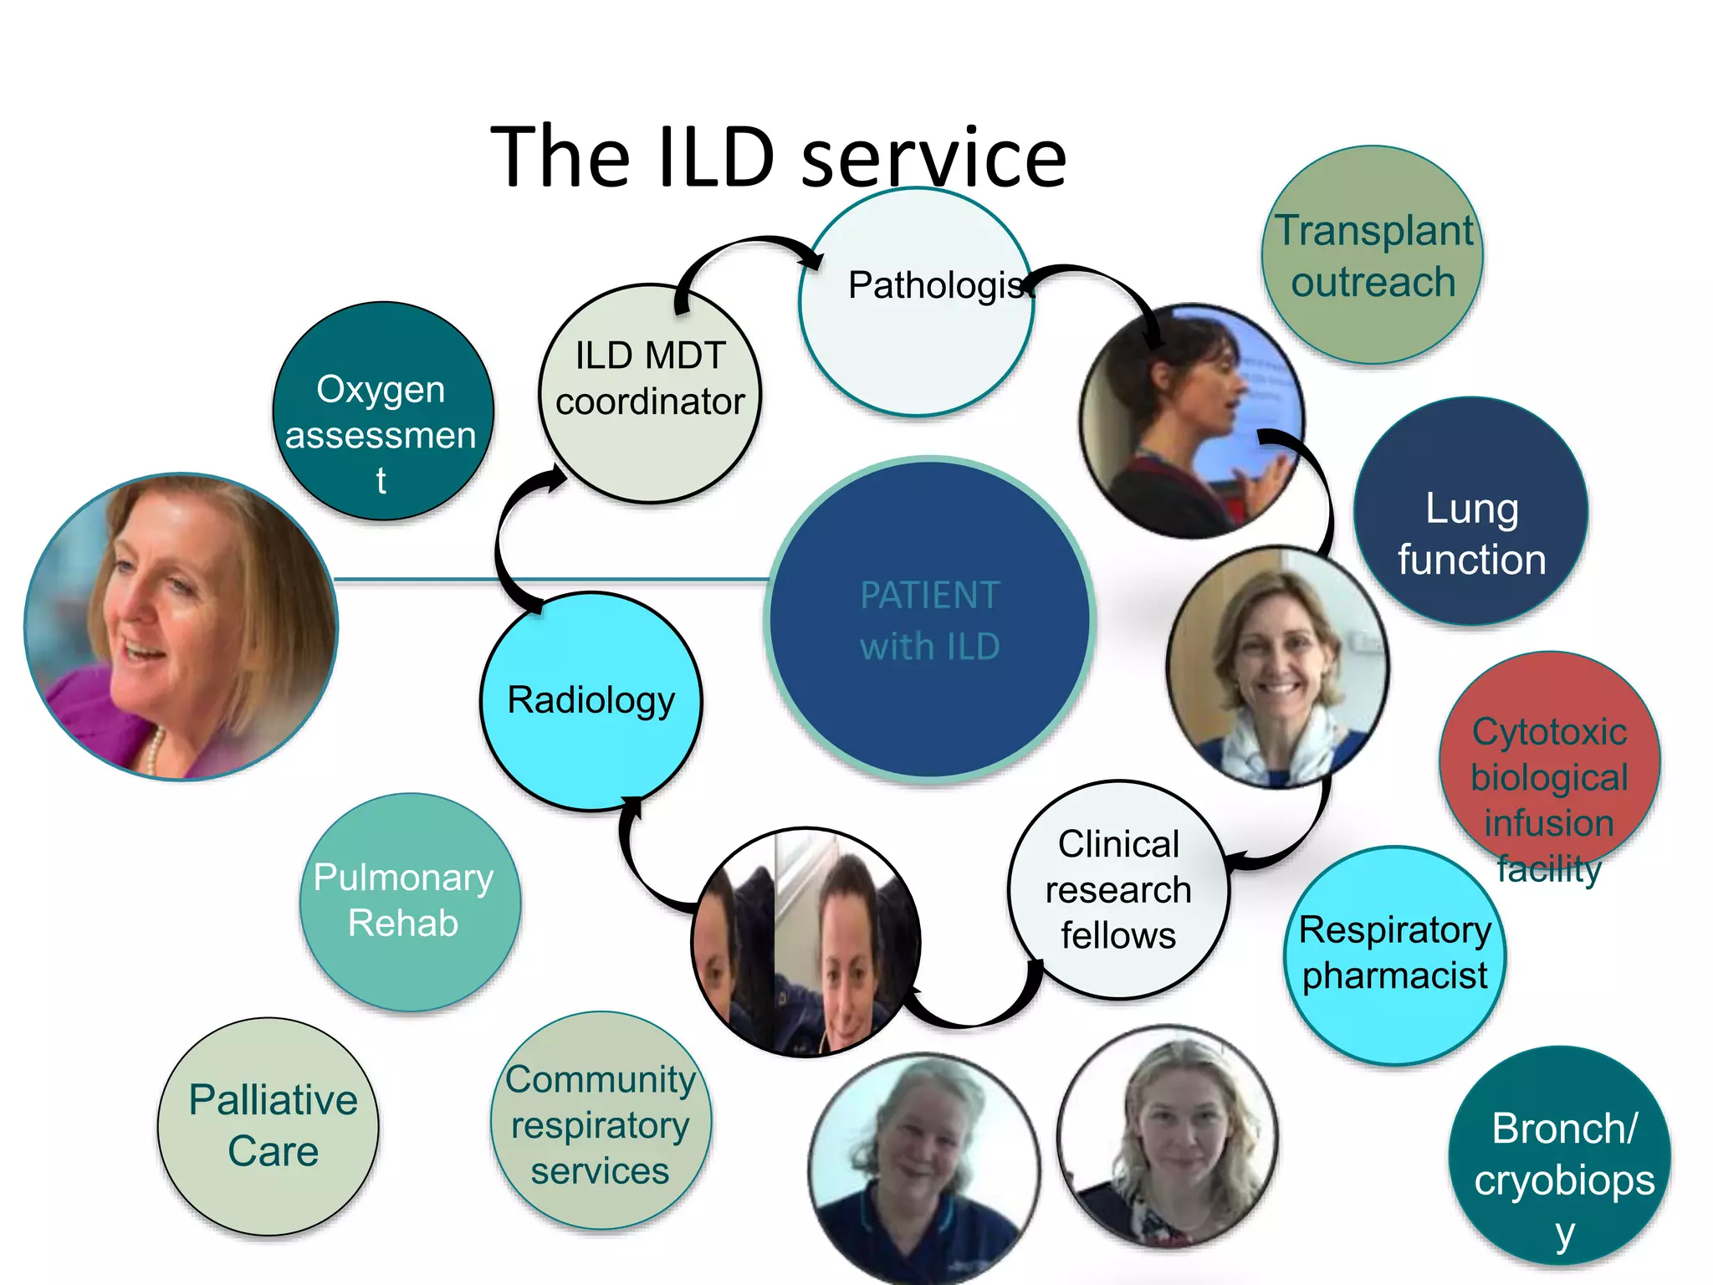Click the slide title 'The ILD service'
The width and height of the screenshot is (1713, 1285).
tap(778, 157)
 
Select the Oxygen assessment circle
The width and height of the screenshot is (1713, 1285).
tap(382, 412)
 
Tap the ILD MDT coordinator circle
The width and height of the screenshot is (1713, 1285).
tap(650, 393)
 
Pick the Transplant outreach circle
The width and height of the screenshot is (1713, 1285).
tap(1372, 255)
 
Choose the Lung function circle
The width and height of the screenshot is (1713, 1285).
tap(1470, 512)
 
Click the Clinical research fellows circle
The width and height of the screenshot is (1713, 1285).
tap(1118, 890)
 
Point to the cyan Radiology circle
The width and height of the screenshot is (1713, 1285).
tap(591, 701)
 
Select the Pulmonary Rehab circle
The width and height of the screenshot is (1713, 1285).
tap(410, 902)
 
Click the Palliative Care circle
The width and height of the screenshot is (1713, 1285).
tap(268, 1126)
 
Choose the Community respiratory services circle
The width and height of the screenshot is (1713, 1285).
tap(601, 1121)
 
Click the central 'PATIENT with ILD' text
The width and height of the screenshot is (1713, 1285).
tap(929, 621)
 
